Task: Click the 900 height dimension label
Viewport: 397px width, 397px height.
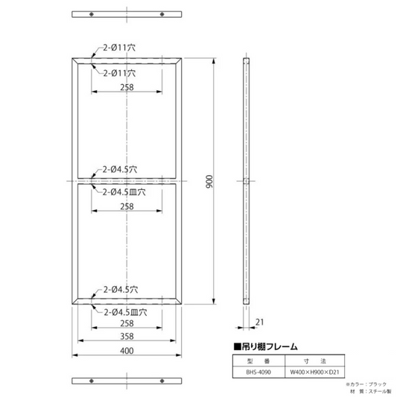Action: click(x=209, y=182)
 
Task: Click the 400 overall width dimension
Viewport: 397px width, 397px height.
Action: click(x=127, y=351)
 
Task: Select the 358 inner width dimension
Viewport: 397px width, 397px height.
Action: click(x=127, y=336)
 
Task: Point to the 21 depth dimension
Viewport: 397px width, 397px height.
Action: click(x=259, y=322)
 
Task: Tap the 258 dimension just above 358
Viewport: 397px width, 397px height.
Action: click(x=127, y=323)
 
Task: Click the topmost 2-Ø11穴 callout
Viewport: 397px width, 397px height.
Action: click(x=119, y=48)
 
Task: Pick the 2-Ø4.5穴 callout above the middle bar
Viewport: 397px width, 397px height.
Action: click(x=120, y=169)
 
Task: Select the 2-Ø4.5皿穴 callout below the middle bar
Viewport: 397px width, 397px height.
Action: click(x=124, y=192)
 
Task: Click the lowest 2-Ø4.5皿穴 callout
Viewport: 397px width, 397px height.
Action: click(x=125, y=312)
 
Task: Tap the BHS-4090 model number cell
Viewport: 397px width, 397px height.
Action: click(x=258, y=372)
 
